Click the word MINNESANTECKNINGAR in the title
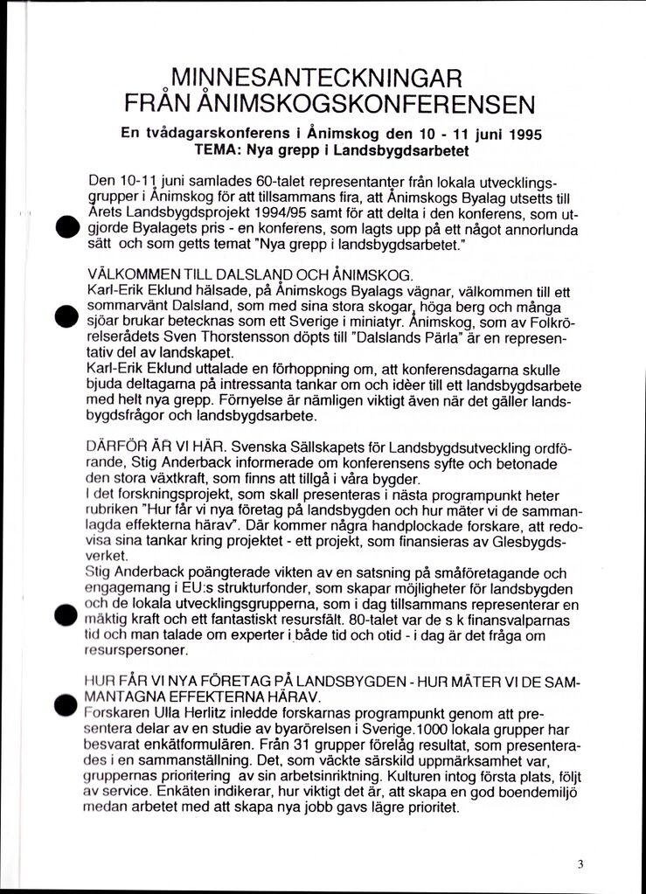316,78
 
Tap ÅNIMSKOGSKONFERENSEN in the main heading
367,105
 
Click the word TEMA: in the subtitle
218,150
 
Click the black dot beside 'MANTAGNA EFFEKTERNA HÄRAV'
63,703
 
